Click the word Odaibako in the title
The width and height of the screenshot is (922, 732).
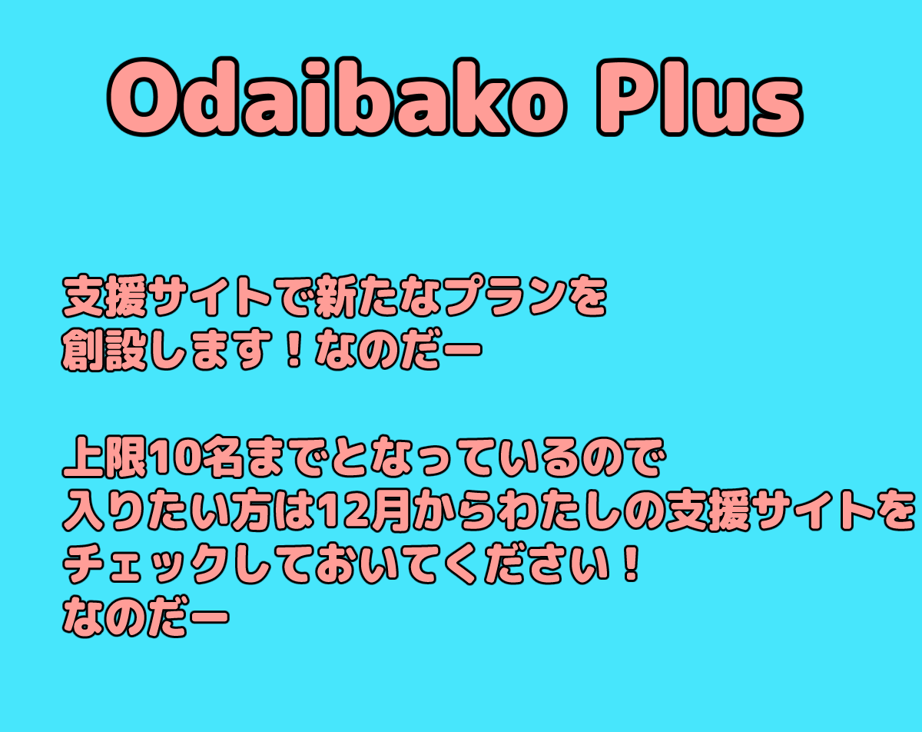click(337, 98)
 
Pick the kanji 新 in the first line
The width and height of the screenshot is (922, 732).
click(337, 297)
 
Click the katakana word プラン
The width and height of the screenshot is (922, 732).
click(506, 297)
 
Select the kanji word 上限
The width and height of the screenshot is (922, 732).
click(104, 457)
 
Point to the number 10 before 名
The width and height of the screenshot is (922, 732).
click(172, 458)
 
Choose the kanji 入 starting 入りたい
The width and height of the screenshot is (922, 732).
click(85, 511)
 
